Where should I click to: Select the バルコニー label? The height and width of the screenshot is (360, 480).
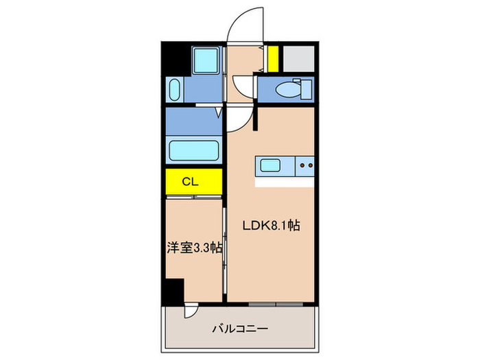pos(240,328)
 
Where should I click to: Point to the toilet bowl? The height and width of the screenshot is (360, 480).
pos(285,89)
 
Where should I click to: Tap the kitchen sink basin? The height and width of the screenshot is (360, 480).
pos(269,166)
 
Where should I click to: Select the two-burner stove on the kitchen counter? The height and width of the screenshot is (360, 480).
pos(305,166)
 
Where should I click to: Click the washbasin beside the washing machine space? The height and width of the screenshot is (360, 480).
pos(173,90)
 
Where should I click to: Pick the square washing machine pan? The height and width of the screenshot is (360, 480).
pos(204,60)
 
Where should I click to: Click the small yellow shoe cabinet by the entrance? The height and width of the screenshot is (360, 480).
pos(273,58)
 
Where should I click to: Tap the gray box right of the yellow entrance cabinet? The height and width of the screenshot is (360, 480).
pos(298,58)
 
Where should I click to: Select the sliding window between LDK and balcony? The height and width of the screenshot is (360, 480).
pos(274,303)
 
